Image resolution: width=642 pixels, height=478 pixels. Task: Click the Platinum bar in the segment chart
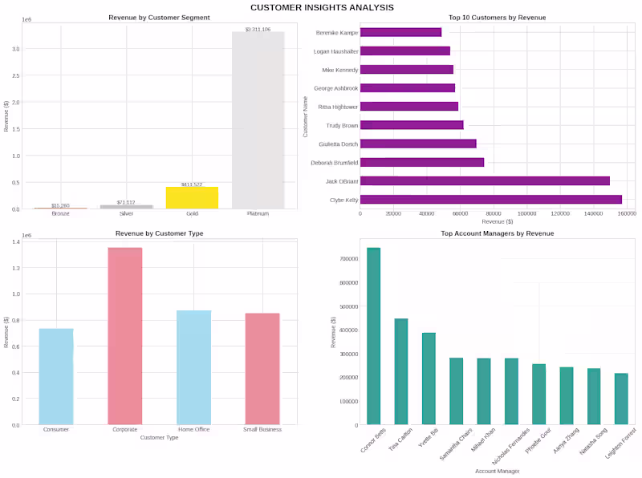pyautogui.click(x=258, y=120)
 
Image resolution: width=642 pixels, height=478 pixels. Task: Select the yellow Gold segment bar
pyautogui.click(x=192, y=198)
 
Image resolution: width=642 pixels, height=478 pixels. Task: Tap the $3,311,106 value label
pyautogui.click(x=258, y=29)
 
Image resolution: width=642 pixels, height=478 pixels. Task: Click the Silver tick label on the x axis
pyautogui.click(x=126, y=214)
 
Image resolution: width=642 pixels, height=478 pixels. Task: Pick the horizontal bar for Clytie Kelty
pyautogui.click(x=490, y=200)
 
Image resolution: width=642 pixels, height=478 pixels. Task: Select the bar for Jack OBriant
pyautogui.click(x=485, y=181)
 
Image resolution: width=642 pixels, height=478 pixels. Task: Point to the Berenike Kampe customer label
pyautogui.click(x=337, y=32)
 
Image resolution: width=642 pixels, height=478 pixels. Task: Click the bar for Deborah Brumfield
pyautogui.click(x=422, y=163)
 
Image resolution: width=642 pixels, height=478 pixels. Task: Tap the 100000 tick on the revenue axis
pyautogui.click(x=527, y=213)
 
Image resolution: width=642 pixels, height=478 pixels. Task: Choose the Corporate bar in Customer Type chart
pyautogui.click(x=125, y=336)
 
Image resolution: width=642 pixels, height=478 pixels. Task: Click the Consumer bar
pyautogui.click(x=56, y=376)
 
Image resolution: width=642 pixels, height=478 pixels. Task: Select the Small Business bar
pyautogui.click(x=262, y=369)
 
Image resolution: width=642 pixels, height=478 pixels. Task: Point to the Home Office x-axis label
pyautogui.click(x=193, y=431)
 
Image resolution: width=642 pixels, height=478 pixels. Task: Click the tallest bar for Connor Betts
pyautogui.click(x=374, y=336)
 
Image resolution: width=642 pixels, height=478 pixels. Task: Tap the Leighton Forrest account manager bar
pyautogui.click(x=621, y=399)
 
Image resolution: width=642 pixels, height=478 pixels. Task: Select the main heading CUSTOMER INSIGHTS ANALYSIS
pyautogui.click(x=322, y=7)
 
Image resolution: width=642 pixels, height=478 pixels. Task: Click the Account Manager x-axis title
pyautogui.click(x=496, y=471)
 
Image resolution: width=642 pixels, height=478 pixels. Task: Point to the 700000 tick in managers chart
pyautogui.click(x=347, y=259)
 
